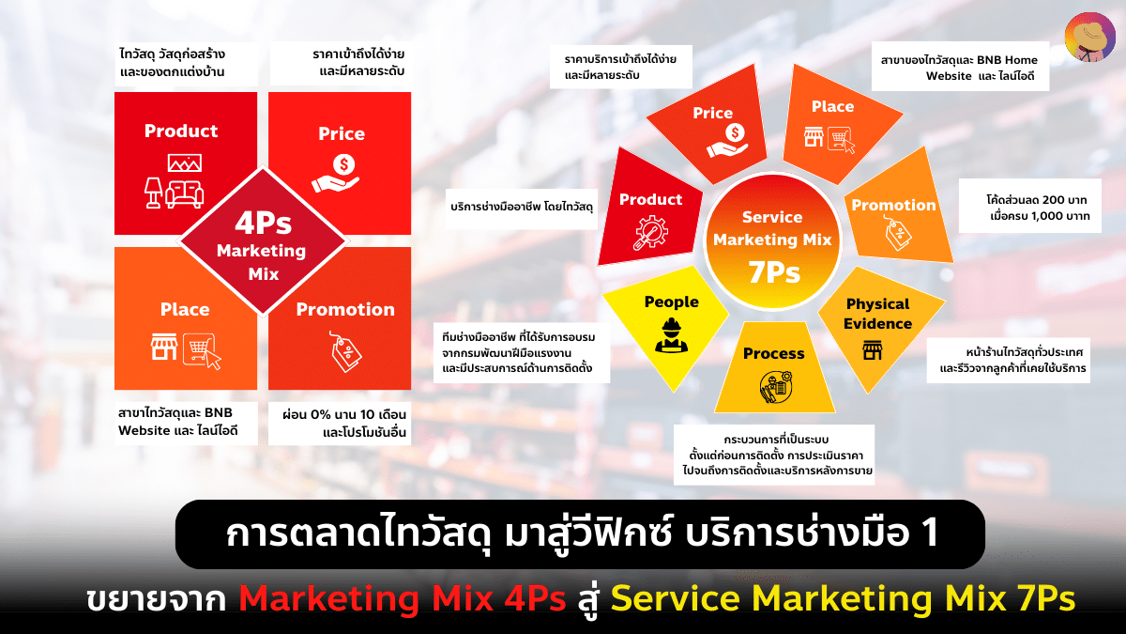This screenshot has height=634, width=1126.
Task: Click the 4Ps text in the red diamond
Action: [x=262, y=224]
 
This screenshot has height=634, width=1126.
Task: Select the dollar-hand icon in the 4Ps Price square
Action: [x=341, y=174]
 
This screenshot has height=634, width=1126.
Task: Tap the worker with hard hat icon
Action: [x=671, y=334]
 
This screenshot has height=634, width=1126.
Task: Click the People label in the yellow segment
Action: [x=671, y=302]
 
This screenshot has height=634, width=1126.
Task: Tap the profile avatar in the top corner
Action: [x=1088, y=37]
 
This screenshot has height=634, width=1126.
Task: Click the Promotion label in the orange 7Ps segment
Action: [x=893, y=205]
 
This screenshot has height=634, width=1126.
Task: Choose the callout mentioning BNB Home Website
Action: [x=959, y=68]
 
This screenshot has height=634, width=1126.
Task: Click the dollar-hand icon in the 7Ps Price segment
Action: [x=727, y=141]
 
